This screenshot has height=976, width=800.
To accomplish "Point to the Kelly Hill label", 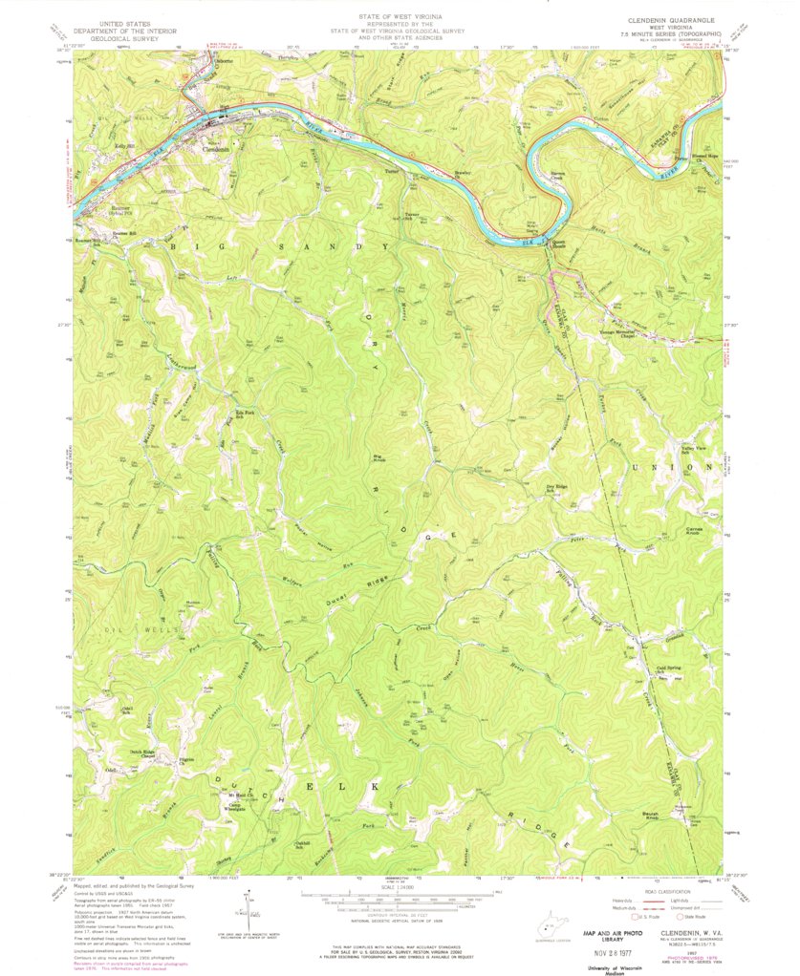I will pyautogui.click(x=125, y=145).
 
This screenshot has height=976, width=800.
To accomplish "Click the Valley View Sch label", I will pyautogui.click(x=691, y=449).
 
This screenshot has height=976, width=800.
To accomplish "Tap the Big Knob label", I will pyautogui.click(x=378, y=459).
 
